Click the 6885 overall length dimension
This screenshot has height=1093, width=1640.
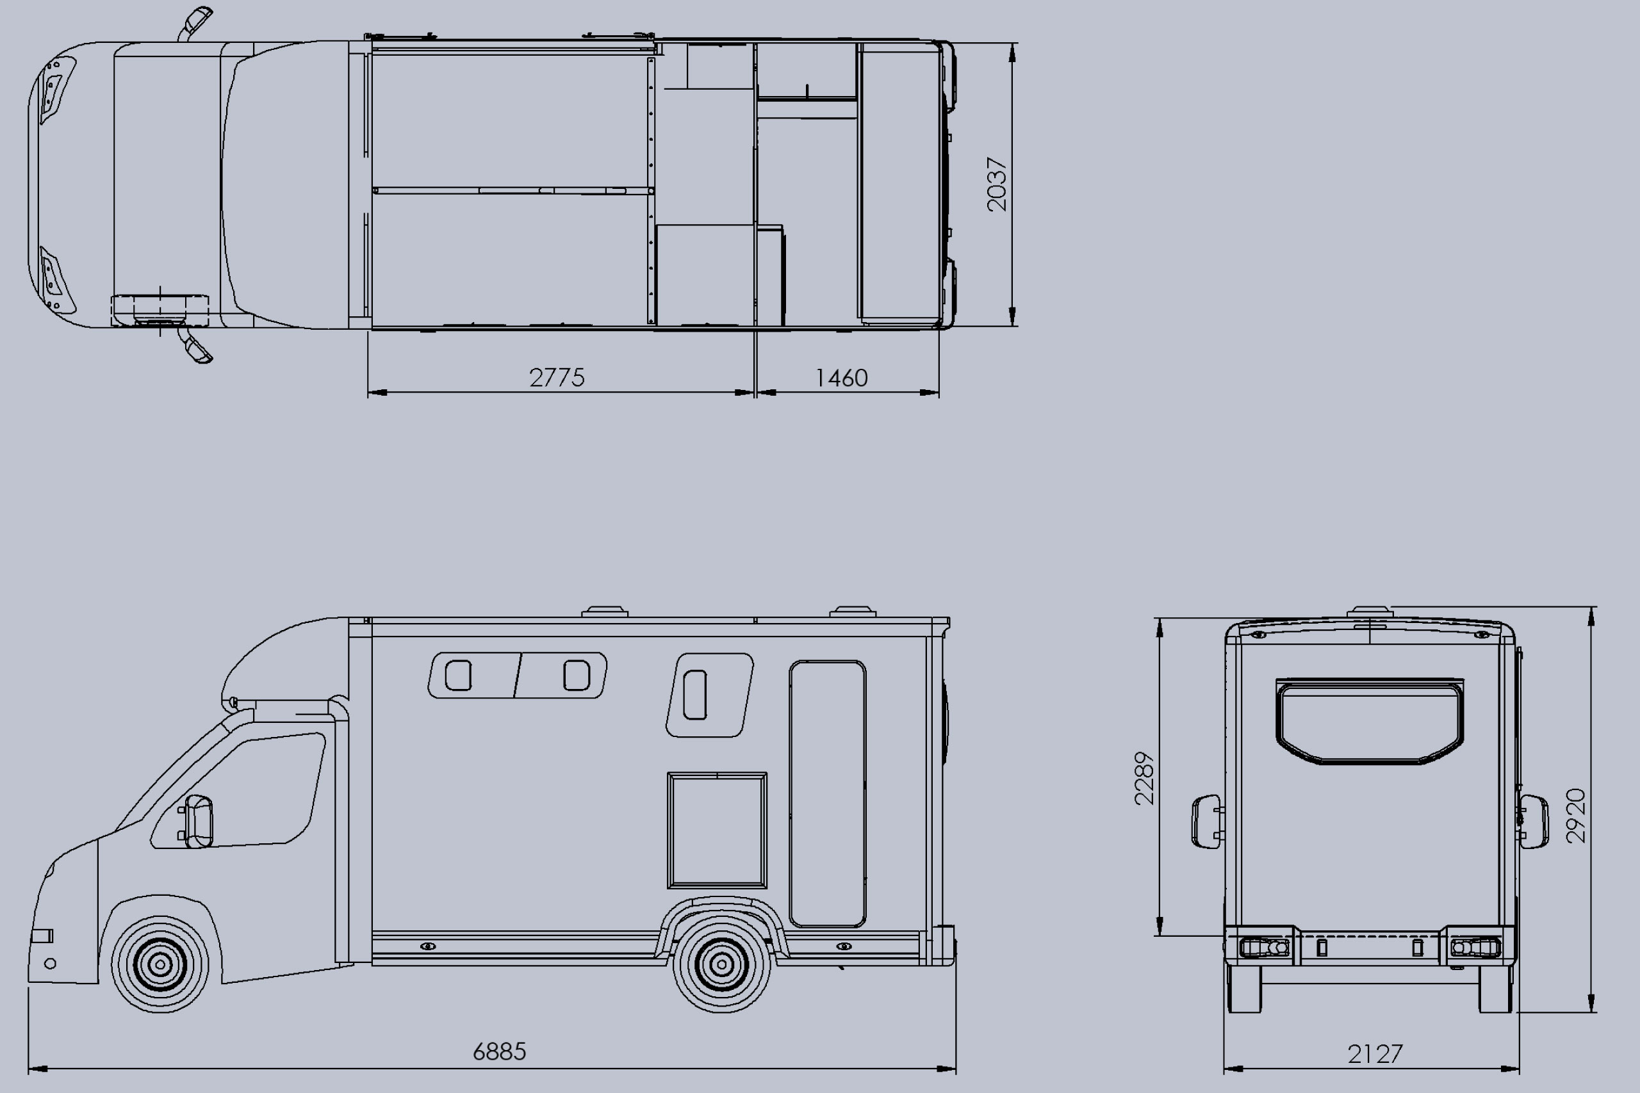[x=499, y=1051]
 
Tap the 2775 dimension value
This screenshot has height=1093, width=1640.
[x=557, y=378]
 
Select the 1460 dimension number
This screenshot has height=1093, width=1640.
[x=841, y=378]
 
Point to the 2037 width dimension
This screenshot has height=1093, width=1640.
[x=997, y=184]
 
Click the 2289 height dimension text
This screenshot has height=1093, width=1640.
[x=1144, y=778]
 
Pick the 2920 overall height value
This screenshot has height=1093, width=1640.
[x=1576, y=816]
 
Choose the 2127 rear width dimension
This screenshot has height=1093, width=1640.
[x=1375, y=1054]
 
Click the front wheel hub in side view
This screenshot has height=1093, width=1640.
[x=160, y=965]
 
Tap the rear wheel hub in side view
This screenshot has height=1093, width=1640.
[x=722, y=965]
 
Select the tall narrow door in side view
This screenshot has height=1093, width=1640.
[x=828, y=794]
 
